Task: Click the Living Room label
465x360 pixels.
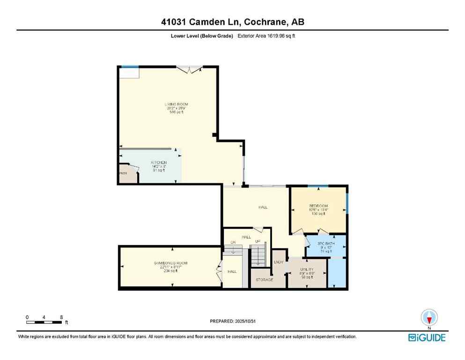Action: (x=176, y=104)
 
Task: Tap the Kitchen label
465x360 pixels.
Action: (x=159, y=162)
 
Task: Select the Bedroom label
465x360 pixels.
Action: (x=318, y=206)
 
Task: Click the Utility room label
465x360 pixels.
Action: (x=307, y=270)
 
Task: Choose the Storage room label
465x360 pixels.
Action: (x=264, y=280)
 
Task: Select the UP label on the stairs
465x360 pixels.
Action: (x=258, y=241)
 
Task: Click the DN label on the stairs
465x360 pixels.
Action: (x=232, y=242)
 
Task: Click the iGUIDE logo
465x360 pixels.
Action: (x=427, y=337)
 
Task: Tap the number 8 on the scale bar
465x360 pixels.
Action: (x=61, y=317)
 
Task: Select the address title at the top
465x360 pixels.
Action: (x=232, y=22)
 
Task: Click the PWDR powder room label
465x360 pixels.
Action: (x=124, y=173)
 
